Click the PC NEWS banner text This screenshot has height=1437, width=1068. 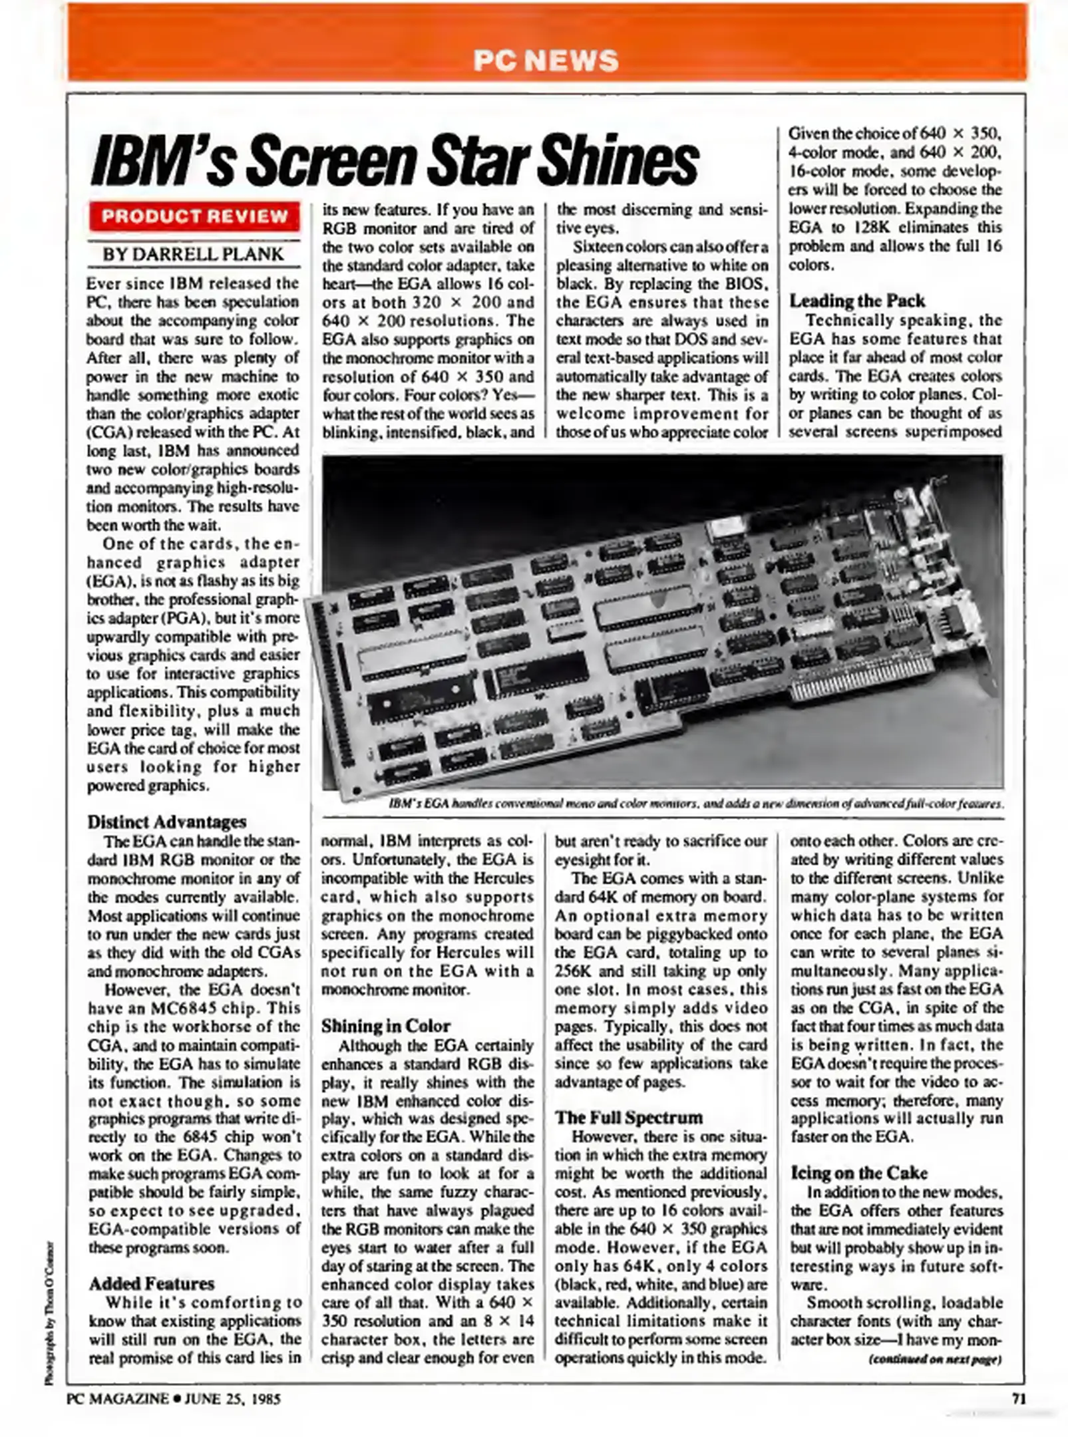click(x=546, y=61)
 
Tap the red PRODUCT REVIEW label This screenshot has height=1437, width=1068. click(x=194, y=216)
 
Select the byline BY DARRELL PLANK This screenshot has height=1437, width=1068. click(x=193, y=254)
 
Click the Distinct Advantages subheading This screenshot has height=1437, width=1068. click(x=166, y=822)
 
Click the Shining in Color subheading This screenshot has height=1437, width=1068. click(x=385, y=1026)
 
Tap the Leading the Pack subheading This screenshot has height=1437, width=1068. click(x=857, y=301)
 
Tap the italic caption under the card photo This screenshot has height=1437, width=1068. click(x=695, y=804)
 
